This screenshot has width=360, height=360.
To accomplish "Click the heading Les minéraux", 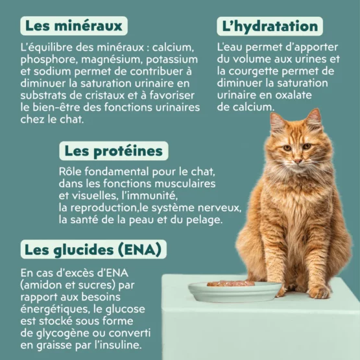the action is (74, 26).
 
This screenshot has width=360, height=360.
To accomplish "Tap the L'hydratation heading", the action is (270, 27).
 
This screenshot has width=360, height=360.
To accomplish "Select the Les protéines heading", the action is (114, 151).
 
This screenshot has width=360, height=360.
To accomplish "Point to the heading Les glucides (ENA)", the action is (93, 250).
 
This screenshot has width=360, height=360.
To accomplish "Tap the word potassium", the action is (172, 60).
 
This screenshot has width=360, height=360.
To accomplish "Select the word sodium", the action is (53, 71).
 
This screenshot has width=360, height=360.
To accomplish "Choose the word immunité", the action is (150, 196).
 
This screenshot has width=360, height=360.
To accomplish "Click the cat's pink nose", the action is (298, 161).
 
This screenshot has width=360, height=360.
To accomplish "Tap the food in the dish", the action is (231, 283).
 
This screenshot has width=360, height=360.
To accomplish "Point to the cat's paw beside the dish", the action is (318, 292).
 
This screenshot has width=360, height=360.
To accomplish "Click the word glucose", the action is (125, 309).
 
